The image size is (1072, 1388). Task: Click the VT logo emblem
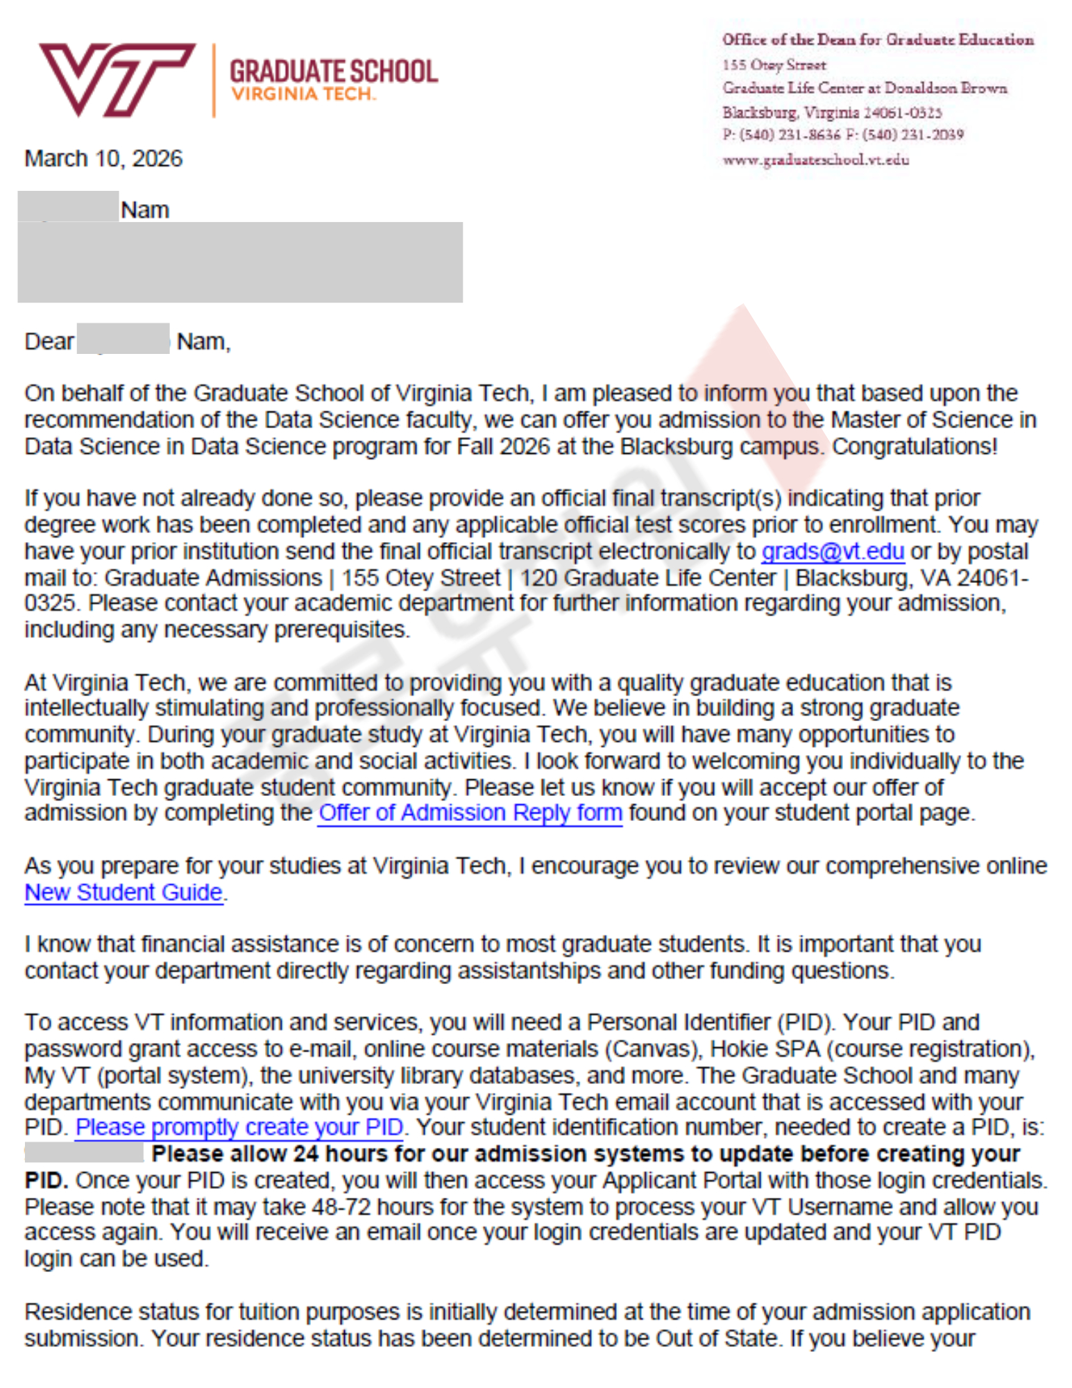[x=117, y=79]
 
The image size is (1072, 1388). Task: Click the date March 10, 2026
[x=103, y=158]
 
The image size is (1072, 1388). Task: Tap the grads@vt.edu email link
[x=832, y=551]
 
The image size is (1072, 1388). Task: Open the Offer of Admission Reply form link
[x=470, y=813]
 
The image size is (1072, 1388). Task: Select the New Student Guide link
[x=124, y=892]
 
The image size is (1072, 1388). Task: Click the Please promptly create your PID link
[x=239, y=1128]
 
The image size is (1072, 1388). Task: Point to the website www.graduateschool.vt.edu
[x=815, y=160]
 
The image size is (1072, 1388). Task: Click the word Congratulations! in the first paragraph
[x=914, y=446]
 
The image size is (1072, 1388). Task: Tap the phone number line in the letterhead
[x=842, y=135]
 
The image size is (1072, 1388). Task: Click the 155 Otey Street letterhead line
[x=774, y=65]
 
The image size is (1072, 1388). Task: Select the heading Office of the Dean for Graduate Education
[x=878, y=40]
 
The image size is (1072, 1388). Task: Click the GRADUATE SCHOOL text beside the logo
[x=334, y=71]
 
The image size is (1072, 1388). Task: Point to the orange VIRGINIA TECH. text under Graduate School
[x=303, y=94]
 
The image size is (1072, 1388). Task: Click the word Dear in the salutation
[x=49, y=341]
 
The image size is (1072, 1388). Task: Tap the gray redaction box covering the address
[x=239, y=262]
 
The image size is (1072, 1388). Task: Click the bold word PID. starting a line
[x=46, y=1180]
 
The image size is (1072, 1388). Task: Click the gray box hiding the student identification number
[x=84, y=1153]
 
